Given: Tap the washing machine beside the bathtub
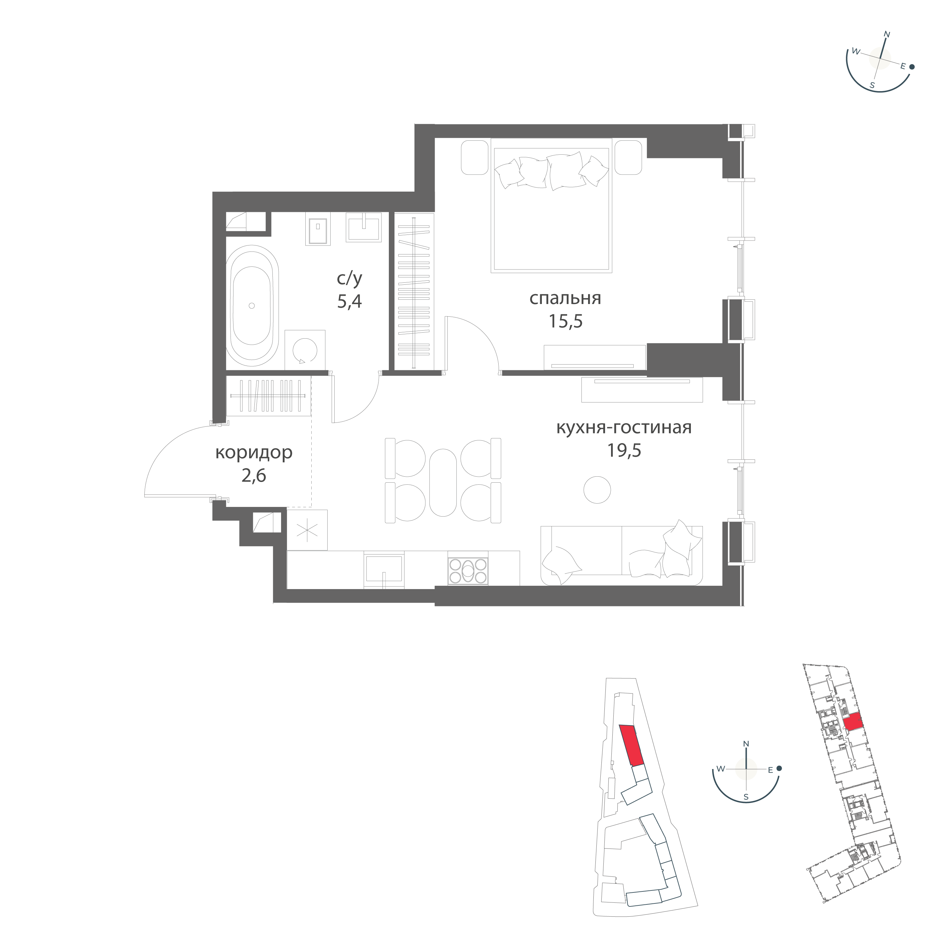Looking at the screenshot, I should pyautogui.click(x=305, y=350).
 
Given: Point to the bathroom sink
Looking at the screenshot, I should pyautogui.click(x=364, y=228).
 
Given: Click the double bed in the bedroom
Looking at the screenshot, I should pyautogui.click(x=551, y=210).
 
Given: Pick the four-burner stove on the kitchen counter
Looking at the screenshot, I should pyautogui.click(x=468, y=570).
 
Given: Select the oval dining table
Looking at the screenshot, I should pyautogui.click(x=443, y=482).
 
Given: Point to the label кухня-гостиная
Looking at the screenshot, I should pyautogui.click(x=624, y=427).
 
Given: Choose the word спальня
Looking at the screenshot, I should pyautogui.click(x=565, y=298).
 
